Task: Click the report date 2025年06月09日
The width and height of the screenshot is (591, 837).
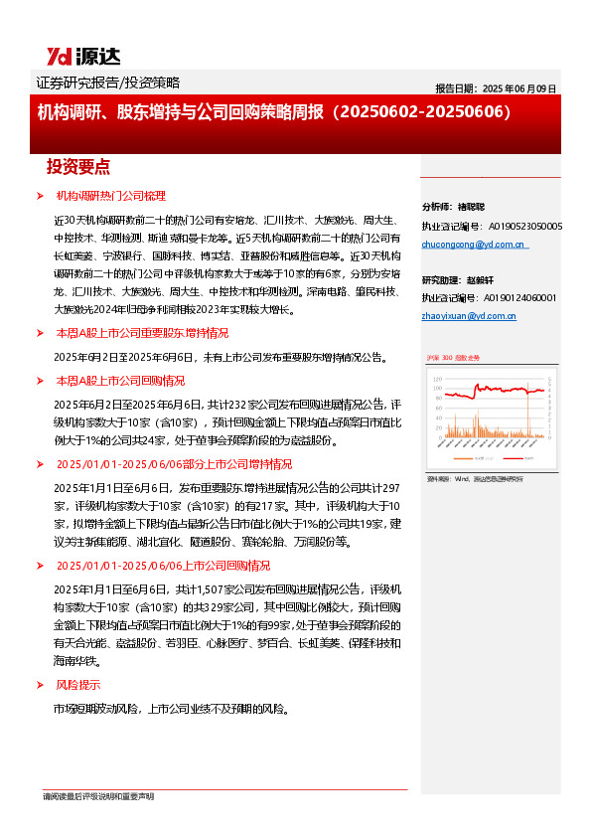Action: tap(496, 87)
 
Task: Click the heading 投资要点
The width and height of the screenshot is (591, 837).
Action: tap(78, 166)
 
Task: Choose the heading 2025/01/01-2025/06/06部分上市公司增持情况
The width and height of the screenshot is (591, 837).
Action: tap(174, 463)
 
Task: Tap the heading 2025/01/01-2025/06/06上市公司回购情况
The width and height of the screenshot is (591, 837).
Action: tap(163, 565)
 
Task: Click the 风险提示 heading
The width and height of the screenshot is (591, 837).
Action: tap(76, 685)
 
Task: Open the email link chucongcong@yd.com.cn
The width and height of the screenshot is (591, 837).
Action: tap(474, 245)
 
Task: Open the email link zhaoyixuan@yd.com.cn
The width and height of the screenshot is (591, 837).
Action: tap(469, 316)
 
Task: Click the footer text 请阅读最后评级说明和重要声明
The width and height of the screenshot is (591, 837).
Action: tap(98, 796)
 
